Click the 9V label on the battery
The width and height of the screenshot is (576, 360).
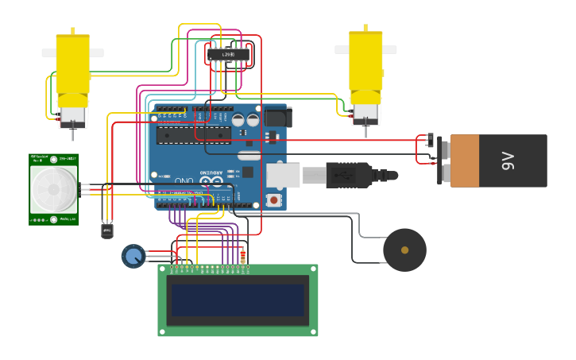coord(508,161)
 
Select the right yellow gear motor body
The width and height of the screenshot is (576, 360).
coord(365,62)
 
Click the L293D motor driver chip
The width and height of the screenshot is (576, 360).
coord(228,54)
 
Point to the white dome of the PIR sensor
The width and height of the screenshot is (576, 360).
coord(53,190)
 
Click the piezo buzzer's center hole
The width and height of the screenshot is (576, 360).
coord(404,250)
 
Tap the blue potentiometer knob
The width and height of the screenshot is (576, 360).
coord(133,256)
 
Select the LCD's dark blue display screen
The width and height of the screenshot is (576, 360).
coord(237,300)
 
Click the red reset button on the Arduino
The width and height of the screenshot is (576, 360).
coord(274,199)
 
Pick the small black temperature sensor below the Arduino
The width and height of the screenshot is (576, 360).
coord(107,231)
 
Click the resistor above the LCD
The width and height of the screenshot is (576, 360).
coord(243,256)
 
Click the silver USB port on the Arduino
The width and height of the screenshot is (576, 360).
coord(283,176)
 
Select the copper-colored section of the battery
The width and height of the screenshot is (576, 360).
coord(465,161)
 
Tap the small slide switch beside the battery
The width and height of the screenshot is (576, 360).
coord(431,140)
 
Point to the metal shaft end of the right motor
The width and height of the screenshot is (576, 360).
coord(366,122)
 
